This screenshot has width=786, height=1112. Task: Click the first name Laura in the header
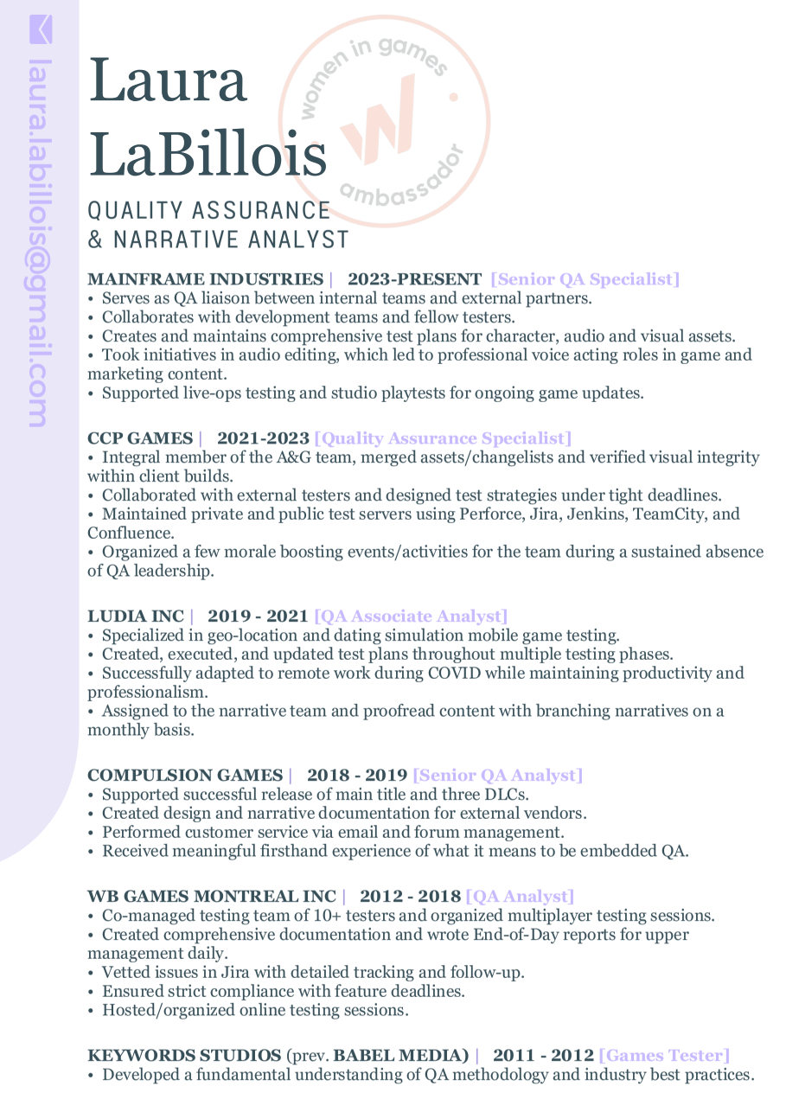[x=168, y=80]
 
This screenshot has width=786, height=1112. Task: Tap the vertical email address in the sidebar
[x=39, y=242]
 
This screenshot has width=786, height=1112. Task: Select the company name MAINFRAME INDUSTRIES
[x=205, y=279]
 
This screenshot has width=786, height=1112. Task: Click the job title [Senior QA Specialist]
[x=585, y=279]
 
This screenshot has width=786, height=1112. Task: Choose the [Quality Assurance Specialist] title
[x=443, y=438]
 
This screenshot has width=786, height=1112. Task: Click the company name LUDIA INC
[x=136, y=617]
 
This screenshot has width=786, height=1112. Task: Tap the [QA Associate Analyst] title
[x=411, y=617]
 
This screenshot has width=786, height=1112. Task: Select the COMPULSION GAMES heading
[x=185, y=776]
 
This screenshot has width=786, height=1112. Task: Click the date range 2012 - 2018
[x=411, y=897]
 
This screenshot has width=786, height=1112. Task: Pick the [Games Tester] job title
[x=664, y=1056]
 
